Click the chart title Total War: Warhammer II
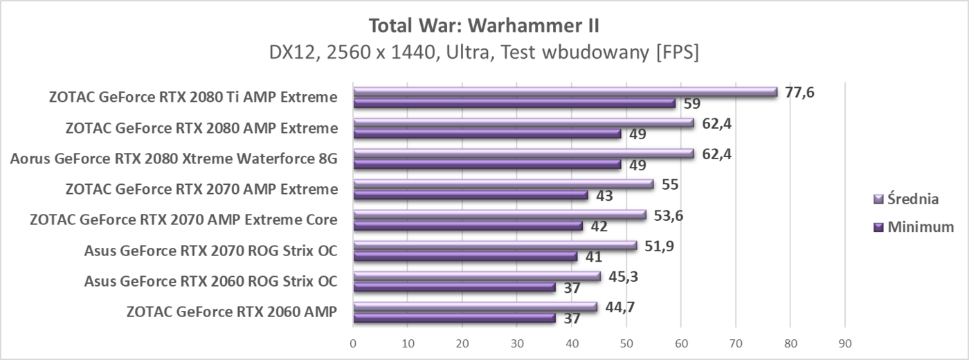484,26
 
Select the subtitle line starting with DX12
484,53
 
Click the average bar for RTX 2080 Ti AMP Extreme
565,91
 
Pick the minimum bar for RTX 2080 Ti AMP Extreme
514,103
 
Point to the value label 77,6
799,92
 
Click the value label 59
692,105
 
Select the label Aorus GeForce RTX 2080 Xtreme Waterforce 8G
174,159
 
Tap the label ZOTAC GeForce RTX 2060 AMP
232,312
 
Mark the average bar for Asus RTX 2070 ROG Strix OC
495,245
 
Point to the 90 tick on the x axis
844,343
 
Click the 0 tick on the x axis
353,343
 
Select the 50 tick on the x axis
626,343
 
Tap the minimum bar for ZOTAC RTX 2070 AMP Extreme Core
468,226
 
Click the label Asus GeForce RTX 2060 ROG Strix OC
210,281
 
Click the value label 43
604,196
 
